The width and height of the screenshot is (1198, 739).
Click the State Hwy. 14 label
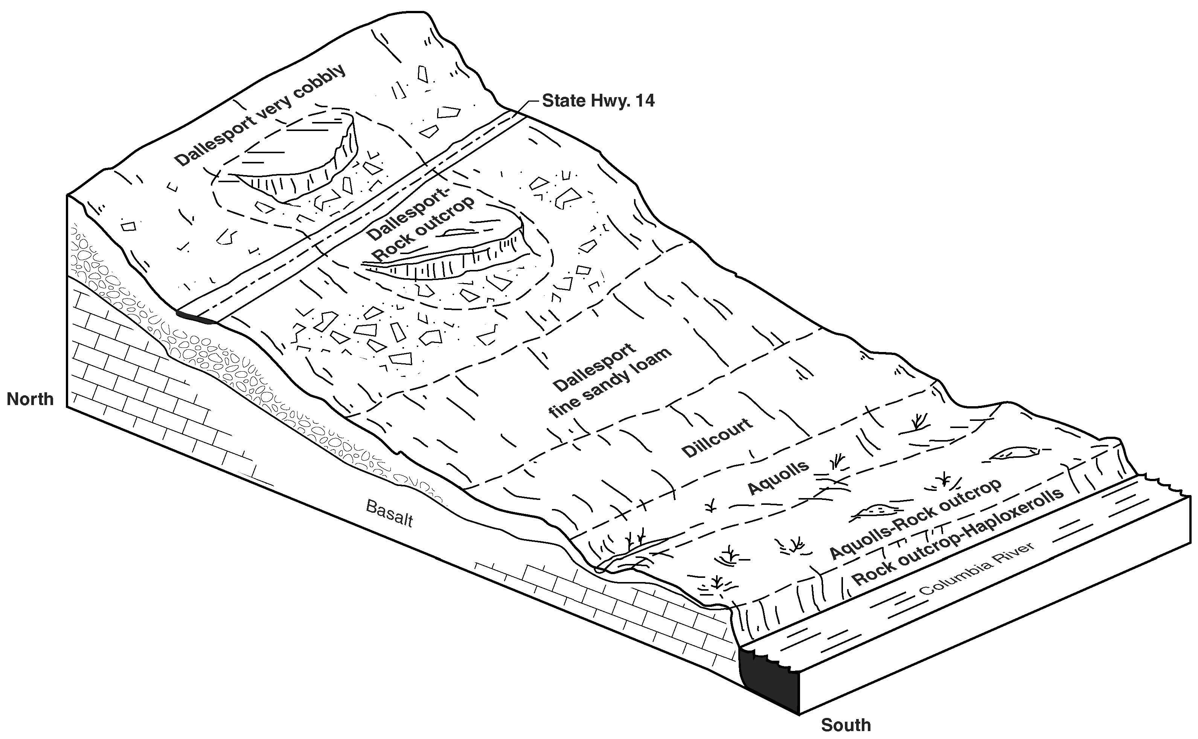(x=598, y=101)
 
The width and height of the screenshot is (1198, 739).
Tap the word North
(x=30, y=399)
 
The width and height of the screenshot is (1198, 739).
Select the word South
(x=846, y=725)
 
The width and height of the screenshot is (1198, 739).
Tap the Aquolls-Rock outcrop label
(x=916, y=519)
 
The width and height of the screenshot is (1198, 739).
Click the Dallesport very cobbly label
(x=261, y=115)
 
